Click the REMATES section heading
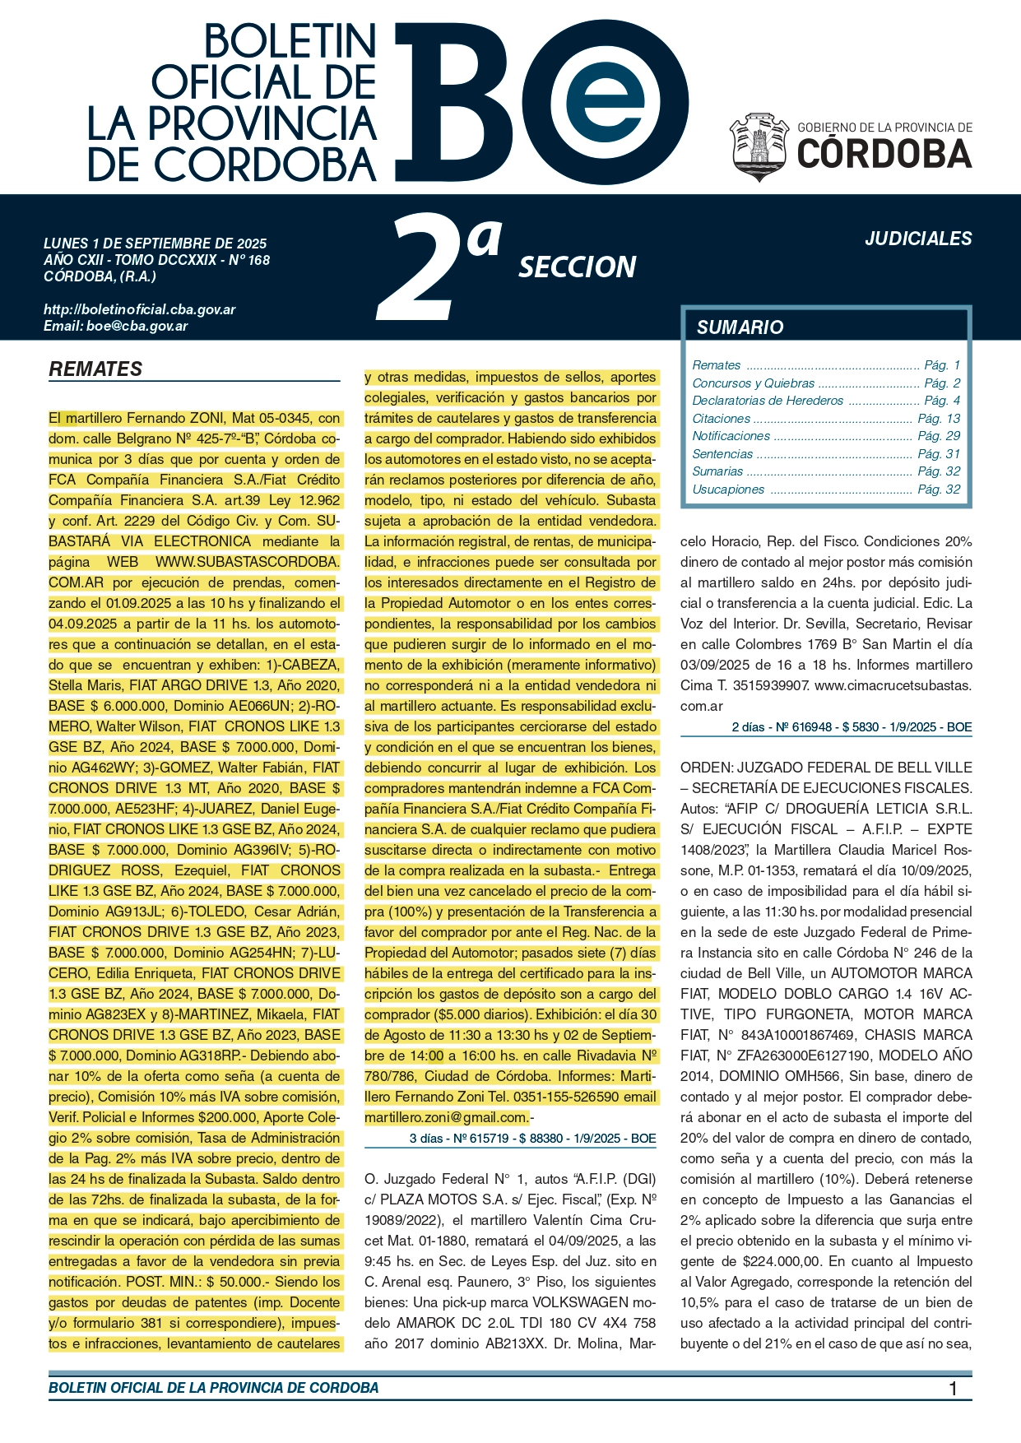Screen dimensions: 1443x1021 pos(95,369)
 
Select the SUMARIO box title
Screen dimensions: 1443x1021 pos(740,327)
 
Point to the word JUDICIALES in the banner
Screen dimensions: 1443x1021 pos(918,239)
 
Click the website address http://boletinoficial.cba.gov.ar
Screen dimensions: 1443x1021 pos(140,310)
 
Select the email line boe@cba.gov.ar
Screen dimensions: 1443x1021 pos(116,326)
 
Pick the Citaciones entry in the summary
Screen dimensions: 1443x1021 pos(722,419)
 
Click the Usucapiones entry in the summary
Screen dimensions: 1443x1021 pos(728,490)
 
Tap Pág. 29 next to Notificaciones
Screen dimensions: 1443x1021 pos(939,436)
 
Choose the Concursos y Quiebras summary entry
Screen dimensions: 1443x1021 pos(753,383)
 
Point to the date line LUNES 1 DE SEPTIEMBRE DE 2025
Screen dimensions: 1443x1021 pos(155,244)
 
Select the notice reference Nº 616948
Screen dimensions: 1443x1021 pos(801,727)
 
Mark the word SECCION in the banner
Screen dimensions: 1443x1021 pos(577,267)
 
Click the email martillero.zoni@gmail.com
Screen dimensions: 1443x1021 pos(447,1117)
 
